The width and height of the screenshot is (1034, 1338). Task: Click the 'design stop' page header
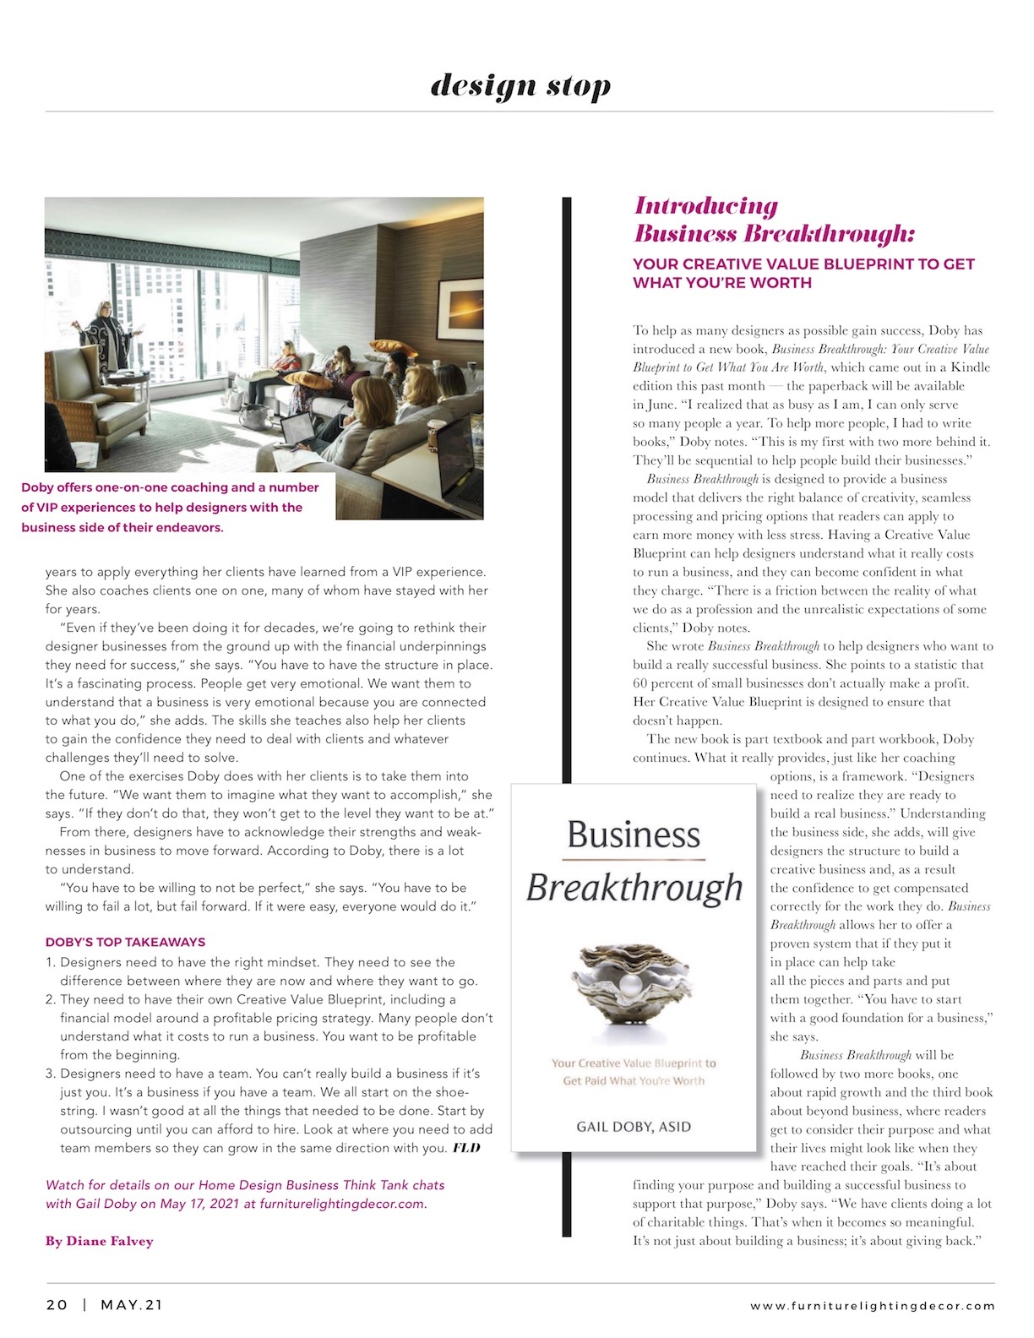520,86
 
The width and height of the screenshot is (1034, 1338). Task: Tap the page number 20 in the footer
57,1305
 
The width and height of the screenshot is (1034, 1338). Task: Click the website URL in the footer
873,1306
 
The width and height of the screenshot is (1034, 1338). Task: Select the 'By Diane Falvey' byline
100,1241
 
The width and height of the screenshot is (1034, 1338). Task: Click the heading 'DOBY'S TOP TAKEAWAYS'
125,942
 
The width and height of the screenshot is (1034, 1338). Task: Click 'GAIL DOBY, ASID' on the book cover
634,1127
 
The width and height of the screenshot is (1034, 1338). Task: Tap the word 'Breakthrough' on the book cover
634,888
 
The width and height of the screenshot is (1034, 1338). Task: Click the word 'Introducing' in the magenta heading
706,206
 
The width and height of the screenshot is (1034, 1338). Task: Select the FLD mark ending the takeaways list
466,1148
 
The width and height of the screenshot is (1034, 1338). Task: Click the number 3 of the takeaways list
50,1074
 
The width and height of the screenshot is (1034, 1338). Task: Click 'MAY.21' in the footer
132,1305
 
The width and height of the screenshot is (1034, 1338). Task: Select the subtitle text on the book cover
634,1072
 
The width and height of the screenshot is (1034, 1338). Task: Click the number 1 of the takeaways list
50,962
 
